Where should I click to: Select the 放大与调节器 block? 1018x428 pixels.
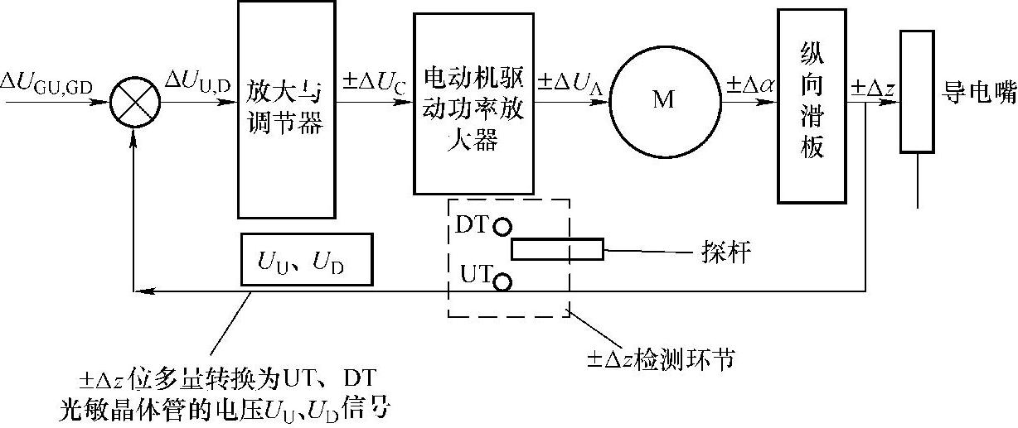point(286,108)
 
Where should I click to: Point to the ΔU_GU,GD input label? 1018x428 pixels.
point(51,84)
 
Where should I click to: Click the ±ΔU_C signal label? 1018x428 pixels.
point(373,83)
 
